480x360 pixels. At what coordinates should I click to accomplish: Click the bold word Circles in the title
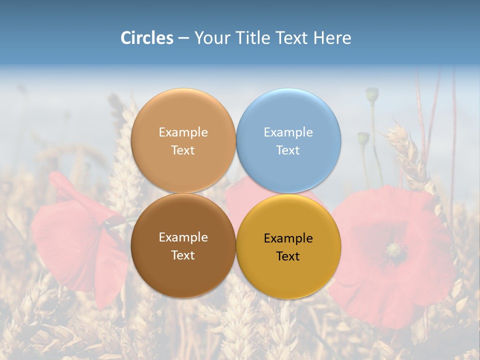147,38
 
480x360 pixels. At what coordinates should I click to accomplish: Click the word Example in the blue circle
288,132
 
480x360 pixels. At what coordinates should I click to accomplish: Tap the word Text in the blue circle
288,150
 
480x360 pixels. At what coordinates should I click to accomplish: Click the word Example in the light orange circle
183,132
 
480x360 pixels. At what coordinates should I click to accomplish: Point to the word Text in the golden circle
288,256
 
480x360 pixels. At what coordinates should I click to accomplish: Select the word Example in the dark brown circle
183,237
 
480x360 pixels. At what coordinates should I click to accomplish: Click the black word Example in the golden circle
288,238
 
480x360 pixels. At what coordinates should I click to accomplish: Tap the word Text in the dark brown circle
183,255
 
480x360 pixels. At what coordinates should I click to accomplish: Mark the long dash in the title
183,38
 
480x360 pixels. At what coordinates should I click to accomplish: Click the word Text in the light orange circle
183,150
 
